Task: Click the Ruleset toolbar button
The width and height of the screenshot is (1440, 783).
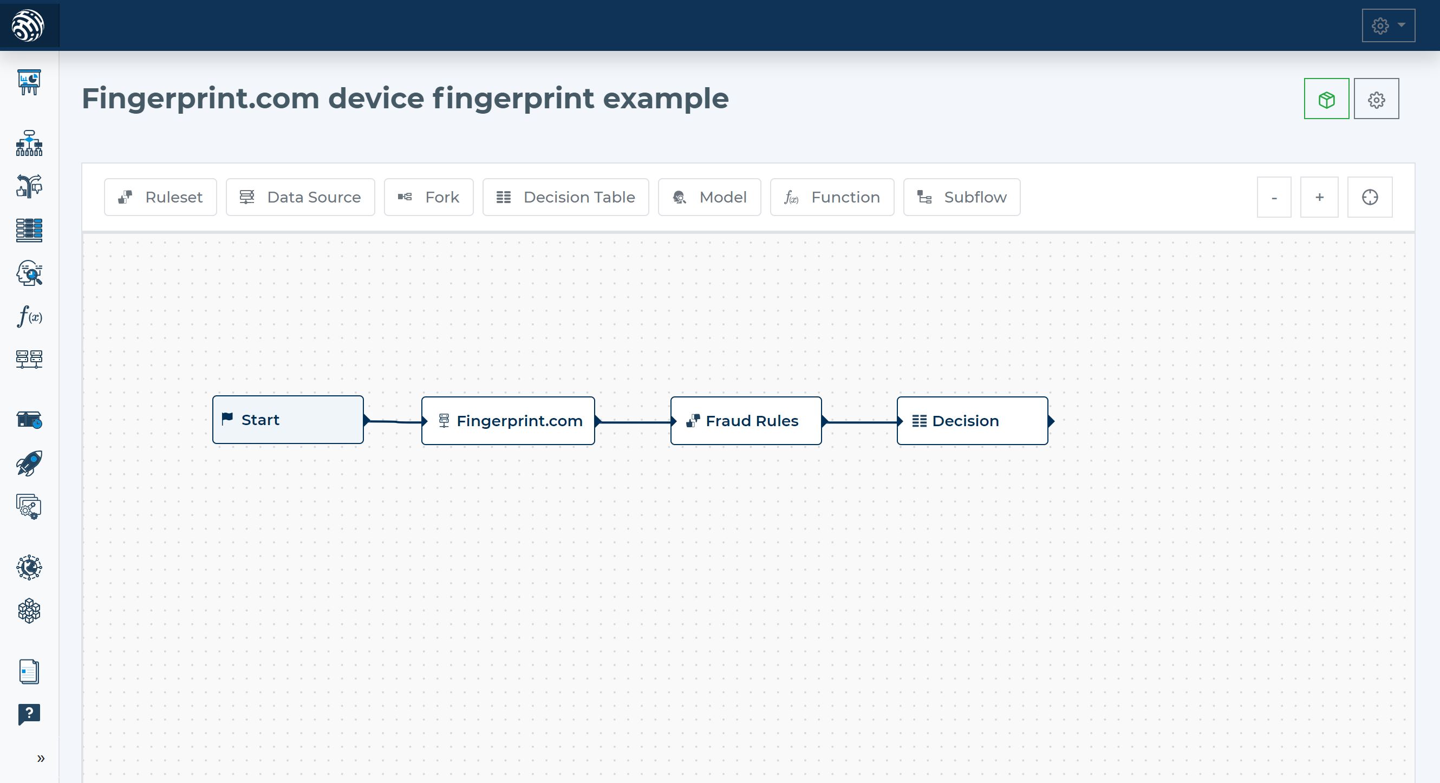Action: [x=160, y=197]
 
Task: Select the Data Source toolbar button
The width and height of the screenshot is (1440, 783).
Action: [x=300, y=197]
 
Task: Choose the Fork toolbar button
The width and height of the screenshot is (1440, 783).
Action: [x=428, y=197]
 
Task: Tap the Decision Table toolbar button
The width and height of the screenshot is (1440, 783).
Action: [x=565, y=197]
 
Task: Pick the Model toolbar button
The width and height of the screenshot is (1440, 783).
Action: [x=709, y=197]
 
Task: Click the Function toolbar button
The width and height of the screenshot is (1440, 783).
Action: [x=832, y=197]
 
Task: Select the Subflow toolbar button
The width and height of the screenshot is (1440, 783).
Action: [x=961, y=197]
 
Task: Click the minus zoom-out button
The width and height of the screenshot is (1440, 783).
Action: [x=1274, y=197]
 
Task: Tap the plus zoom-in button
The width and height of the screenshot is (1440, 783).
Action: [x=1319, y=197]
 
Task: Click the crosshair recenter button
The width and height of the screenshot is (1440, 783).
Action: [x=1370, y=197]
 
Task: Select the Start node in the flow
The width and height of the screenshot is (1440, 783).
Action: [x=288, y=420]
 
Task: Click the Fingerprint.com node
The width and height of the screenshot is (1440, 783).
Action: [x=507, y=421]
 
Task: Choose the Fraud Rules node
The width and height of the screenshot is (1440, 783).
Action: [x=746, y=421]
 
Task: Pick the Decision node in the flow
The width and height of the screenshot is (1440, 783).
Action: [x=972, y=421]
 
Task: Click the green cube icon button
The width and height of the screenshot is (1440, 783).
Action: [x=1326, y=99]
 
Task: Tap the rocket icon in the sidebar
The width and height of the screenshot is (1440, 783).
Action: [x=29, y=464]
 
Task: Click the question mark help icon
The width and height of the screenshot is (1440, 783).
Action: [x=29, y=714]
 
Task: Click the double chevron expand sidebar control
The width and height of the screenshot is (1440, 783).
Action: [x=41, y=759]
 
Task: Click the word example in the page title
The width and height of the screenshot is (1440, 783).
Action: [x=665, y=99]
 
